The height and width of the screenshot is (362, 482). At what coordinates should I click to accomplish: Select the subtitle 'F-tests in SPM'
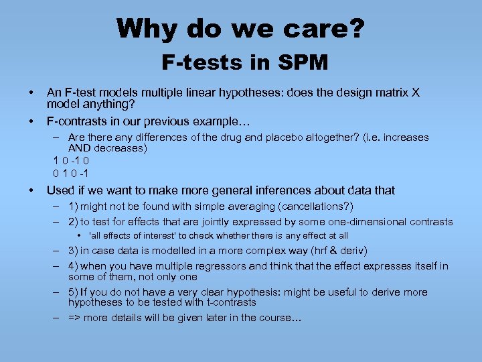(x=244, y=63)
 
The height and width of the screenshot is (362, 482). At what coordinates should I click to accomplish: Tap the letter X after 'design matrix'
(x=416, y=93)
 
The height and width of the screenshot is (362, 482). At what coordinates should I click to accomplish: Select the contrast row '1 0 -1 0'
(x=72, y=160)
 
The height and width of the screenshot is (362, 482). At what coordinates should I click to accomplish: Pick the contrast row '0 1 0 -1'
(x=72, y=172)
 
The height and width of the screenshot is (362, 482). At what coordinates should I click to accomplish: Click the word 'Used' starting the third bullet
(x=60, y=190)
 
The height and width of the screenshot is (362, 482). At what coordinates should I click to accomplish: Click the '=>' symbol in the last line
(x=74, y=318)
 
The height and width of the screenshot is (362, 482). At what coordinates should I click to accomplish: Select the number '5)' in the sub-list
(x=74, y=292)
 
